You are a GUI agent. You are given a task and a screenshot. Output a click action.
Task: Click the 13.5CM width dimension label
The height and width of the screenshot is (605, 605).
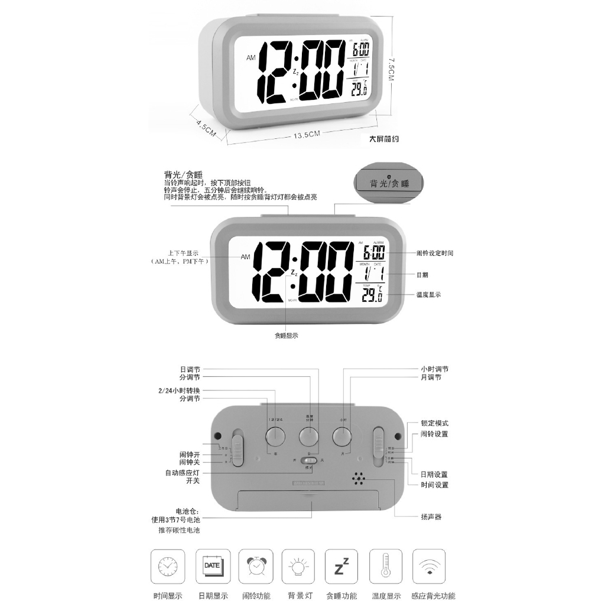[x=306, y=135]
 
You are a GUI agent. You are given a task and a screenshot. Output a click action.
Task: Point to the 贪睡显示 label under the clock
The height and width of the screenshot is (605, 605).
[x=286, y=336]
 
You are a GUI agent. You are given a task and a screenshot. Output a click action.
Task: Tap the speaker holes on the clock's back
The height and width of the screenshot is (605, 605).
[x=359, y=477]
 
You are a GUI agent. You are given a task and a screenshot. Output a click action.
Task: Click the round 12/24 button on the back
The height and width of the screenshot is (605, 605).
[x=275, y=437]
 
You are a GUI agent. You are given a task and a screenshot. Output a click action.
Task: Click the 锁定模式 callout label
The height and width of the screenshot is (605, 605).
[x=434, y=423]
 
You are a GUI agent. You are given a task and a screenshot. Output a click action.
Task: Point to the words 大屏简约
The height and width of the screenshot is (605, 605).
[x=383, y=140]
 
